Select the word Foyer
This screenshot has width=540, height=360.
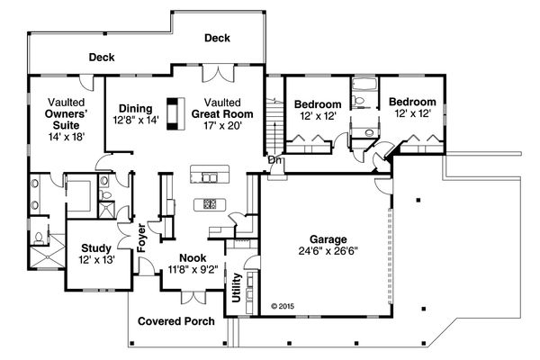tap(141, 236)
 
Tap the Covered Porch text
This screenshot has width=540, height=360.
tap(175, 320)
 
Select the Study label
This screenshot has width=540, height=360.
tap(95, 247)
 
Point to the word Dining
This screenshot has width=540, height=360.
tap(135, 107)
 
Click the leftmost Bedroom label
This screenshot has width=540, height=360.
tap(319, 103)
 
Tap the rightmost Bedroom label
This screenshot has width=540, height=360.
tap(415, 102)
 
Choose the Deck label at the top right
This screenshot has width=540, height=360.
tap(217, 38)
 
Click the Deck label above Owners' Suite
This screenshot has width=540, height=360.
tap(102, 58)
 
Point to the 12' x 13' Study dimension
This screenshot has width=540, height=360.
tap(95, 259)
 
